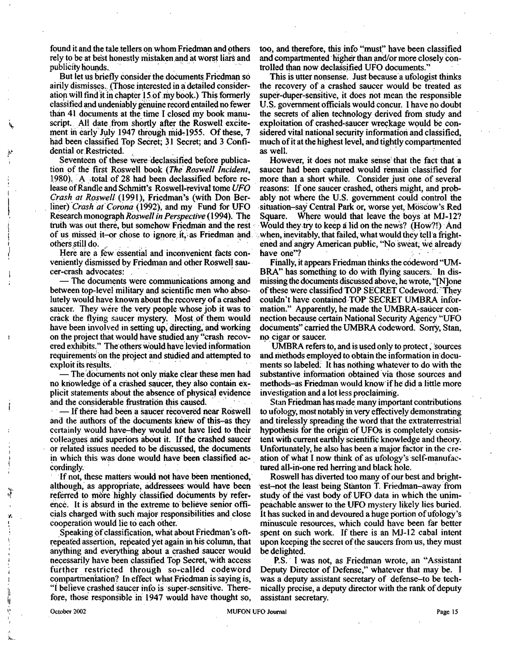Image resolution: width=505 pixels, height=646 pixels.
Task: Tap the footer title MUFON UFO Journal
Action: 256,612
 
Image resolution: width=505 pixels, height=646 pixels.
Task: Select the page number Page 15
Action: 447,612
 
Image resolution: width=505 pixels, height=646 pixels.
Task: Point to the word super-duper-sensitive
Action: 303,96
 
